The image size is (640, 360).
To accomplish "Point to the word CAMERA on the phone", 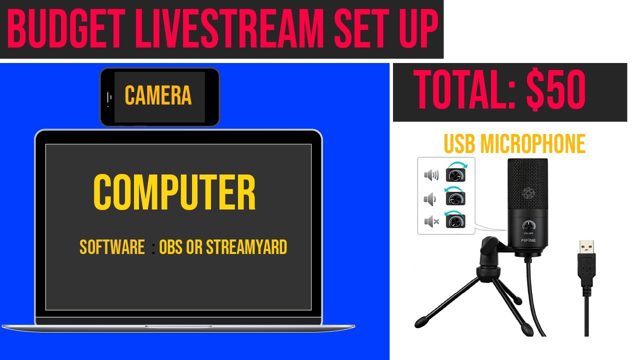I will click(158, 95).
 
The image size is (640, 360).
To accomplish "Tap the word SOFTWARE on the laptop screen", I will click(112, 247).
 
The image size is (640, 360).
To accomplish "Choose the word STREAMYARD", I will click(246, 247).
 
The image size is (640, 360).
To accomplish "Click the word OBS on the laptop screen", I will click(170, 247).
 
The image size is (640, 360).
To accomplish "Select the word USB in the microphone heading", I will click(460, 144).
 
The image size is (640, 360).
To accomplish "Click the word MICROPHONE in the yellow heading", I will click(533, 144).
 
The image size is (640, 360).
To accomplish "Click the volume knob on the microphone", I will click(528, 225).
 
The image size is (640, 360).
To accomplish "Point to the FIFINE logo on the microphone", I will click(528, 240).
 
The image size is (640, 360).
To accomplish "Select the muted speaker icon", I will click(431, 220).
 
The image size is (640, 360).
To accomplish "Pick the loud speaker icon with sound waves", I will click(431, 175).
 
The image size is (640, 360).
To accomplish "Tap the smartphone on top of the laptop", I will click(159, 96).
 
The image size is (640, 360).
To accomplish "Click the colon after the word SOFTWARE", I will click(153, 248).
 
